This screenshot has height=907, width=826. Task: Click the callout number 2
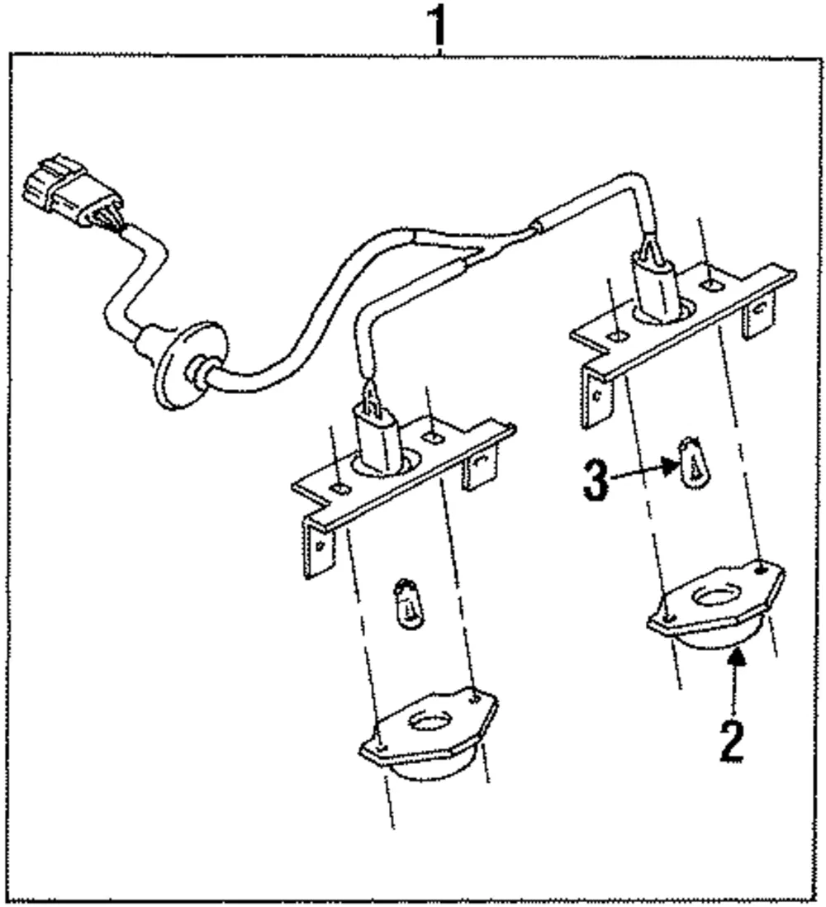(x=732, y=741)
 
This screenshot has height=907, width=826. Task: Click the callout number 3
(x=596, y=480)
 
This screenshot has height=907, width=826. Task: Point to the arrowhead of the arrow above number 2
(x=736, y=656)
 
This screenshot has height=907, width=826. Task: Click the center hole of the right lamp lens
(x=716, y=596)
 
